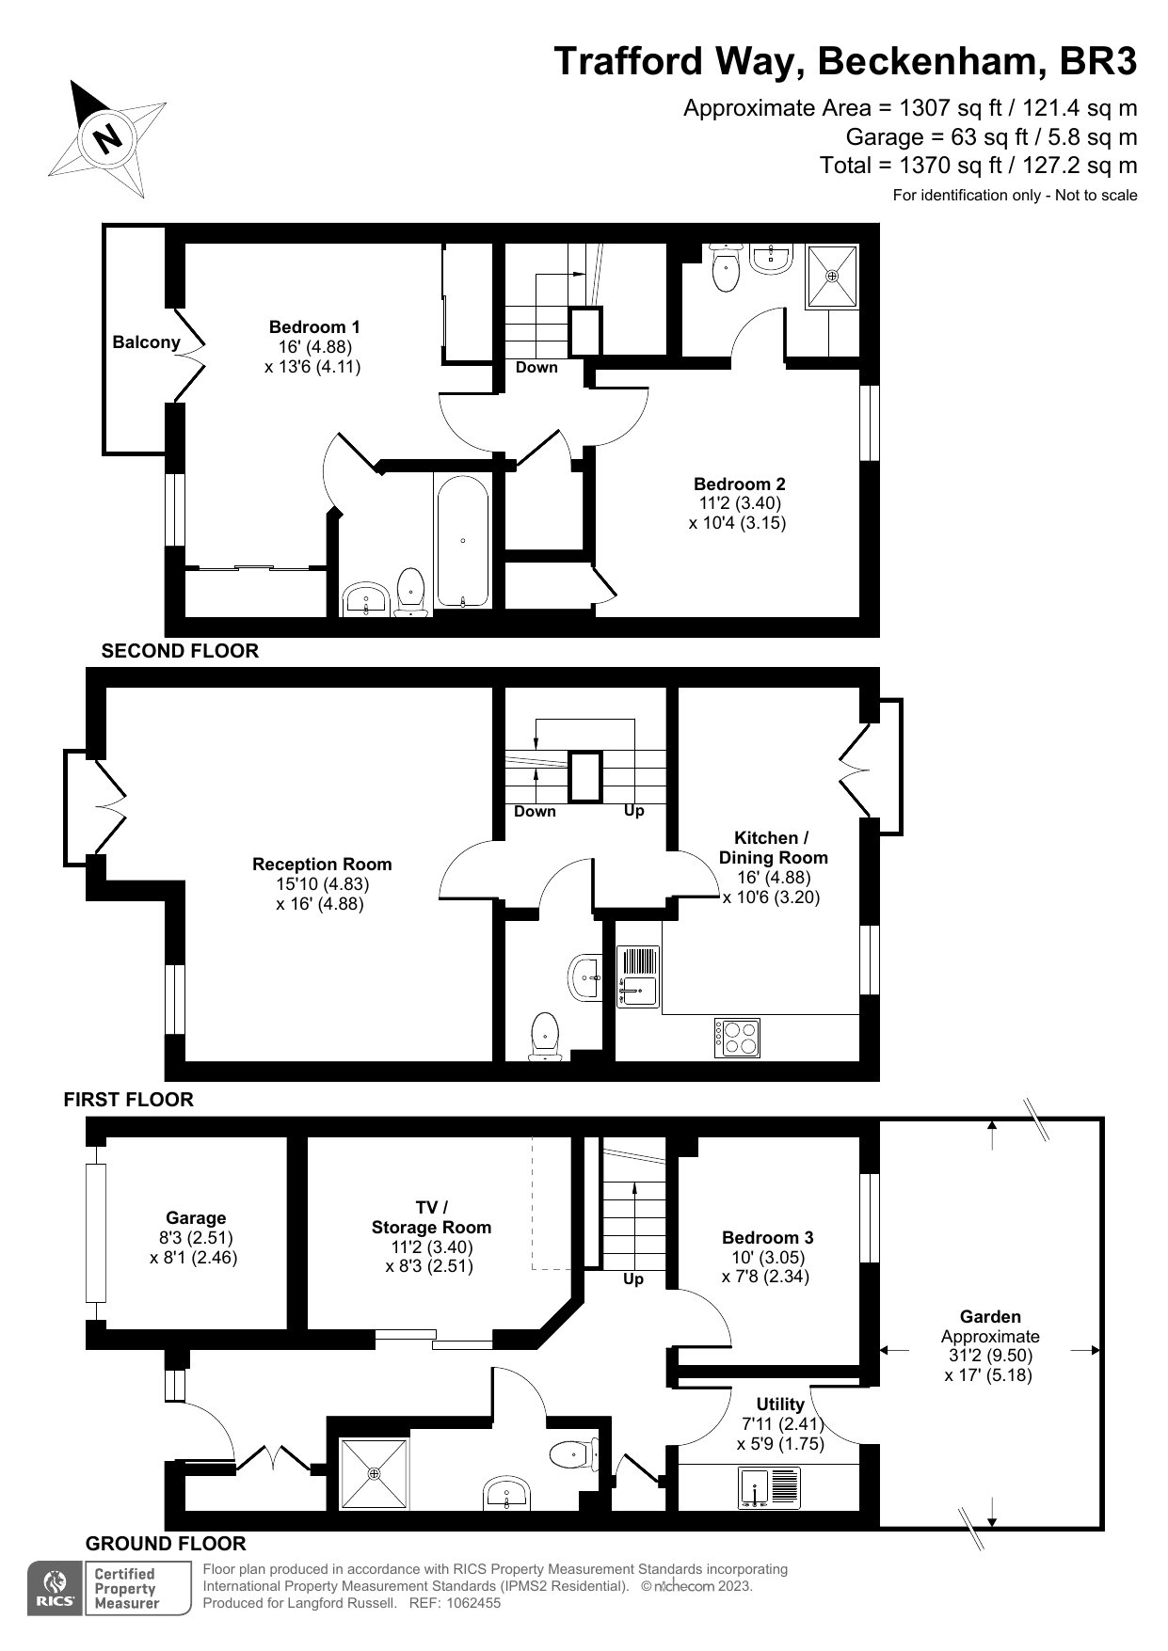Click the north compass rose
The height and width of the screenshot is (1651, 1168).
(108, 138)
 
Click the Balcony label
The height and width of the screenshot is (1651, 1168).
(146, 342)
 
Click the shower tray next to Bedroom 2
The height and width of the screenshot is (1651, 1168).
(832, 277)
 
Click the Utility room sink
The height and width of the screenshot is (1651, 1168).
(770, 1487)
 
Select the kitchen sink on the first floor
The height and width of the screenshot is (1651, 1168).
(638, 976)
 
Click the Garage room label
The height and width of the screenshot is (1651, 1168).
(196, 1217)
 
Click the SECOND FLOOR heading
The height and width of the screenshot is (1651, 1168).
(180, 651)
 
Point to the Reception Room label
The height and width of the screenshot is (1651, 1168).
(322, 864)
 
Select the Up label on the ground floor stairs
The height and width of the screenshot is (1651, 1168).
(633, 1279)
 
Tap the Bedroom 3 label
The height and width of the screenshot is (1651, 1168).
(767, 1237)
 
